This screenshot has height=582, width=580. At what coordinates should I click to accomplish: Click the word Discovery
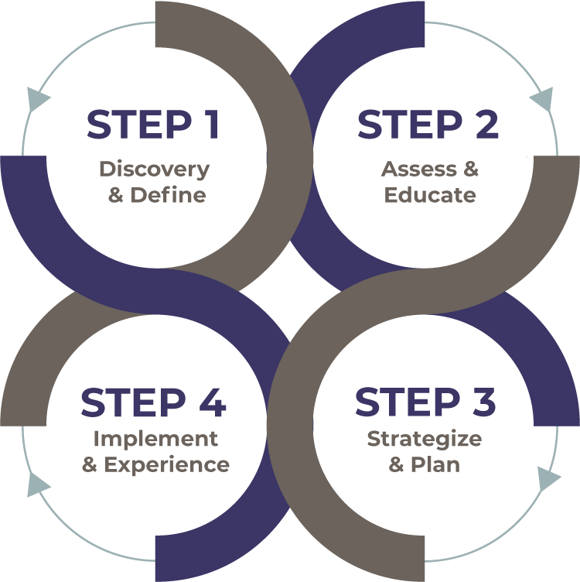click(154, 169)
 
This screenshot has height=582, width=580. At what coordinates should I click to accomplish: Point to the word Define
click(168, 194)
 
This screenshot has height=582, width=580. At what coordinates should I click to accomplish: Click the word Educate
click(430, 194)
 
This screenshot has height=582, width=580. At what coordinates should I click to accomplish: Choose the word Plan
click(435, 464)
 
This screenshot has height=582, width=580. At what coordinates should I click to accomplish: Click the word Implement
click(155, 439)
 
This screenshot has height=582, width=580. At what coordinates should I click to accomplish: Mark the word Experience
click(167, 464)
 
